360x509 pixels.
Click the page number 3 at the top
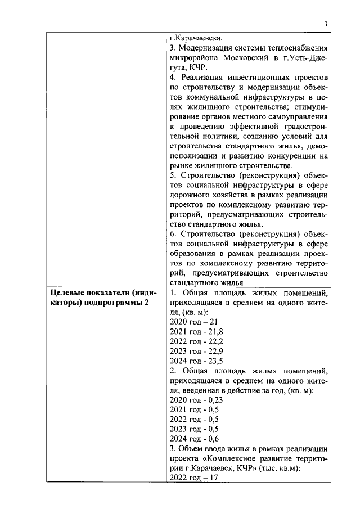tap(325, 24)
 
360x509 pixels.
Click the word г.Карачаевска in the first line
tap(196, 39)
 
